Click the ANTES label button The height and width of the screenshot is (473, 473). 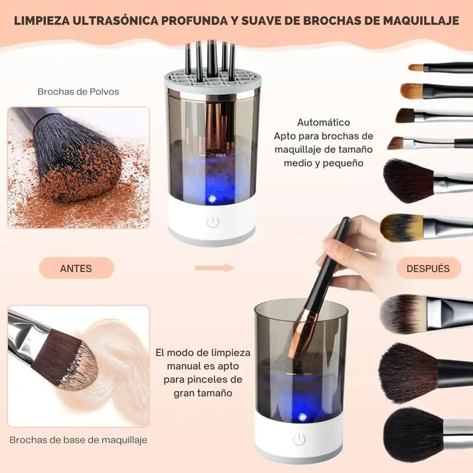[x=76, y=268]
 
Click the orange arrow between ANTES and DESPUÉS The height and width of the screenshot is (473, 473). [x=214, y=268]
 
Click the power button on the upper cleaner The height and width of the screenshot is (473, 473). [x=212, y=222]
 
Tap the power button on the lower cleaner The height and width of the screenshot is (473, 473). [x=300, y=440]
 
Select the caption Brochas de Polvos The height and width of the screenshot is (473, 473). [x=78, y=92]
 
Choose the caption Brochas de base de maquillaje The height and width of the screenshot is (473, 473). [x=78, y=440]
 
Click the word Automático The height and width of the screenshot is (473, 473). [x=323, y=122]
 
